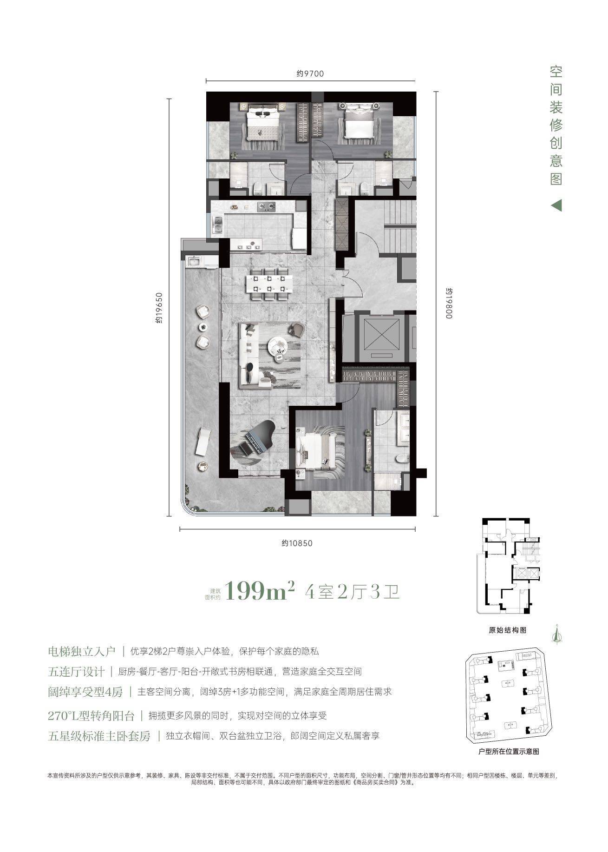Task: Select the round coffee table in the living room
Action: coord(278,345)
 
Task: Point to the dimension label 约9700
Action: coord(310,73)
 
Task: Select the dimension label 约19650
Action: coord(159,307)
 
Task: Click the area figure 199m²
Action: coord(260,592)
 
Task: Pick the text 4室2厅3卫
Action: coord(353,593)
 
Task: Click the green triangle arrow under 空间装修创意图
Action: coord(556,205)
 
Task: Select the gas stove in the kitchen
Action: coord(268,206)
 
